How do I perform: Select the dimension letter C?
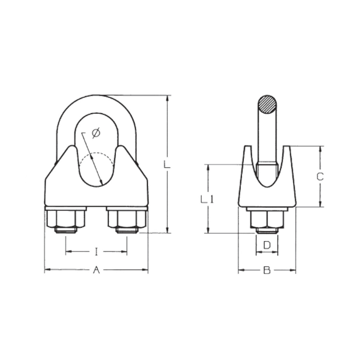[319, 176]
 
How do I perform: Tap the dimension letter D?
[267, 246]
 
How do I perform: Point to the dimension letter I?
[96, 251]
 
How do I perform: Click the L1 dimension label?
[207, 199]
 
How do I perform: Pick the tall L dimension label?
[167, 165]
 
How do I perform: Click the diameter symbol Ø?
[96, 133]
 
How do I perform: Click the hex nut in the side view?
[267, 221]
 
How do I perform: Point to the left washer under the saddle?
[65, 209]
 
